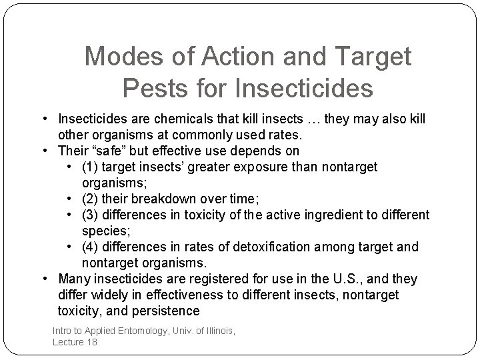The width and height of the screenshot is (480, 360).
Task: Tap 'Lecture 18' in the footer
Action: [x=75, y=341]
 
